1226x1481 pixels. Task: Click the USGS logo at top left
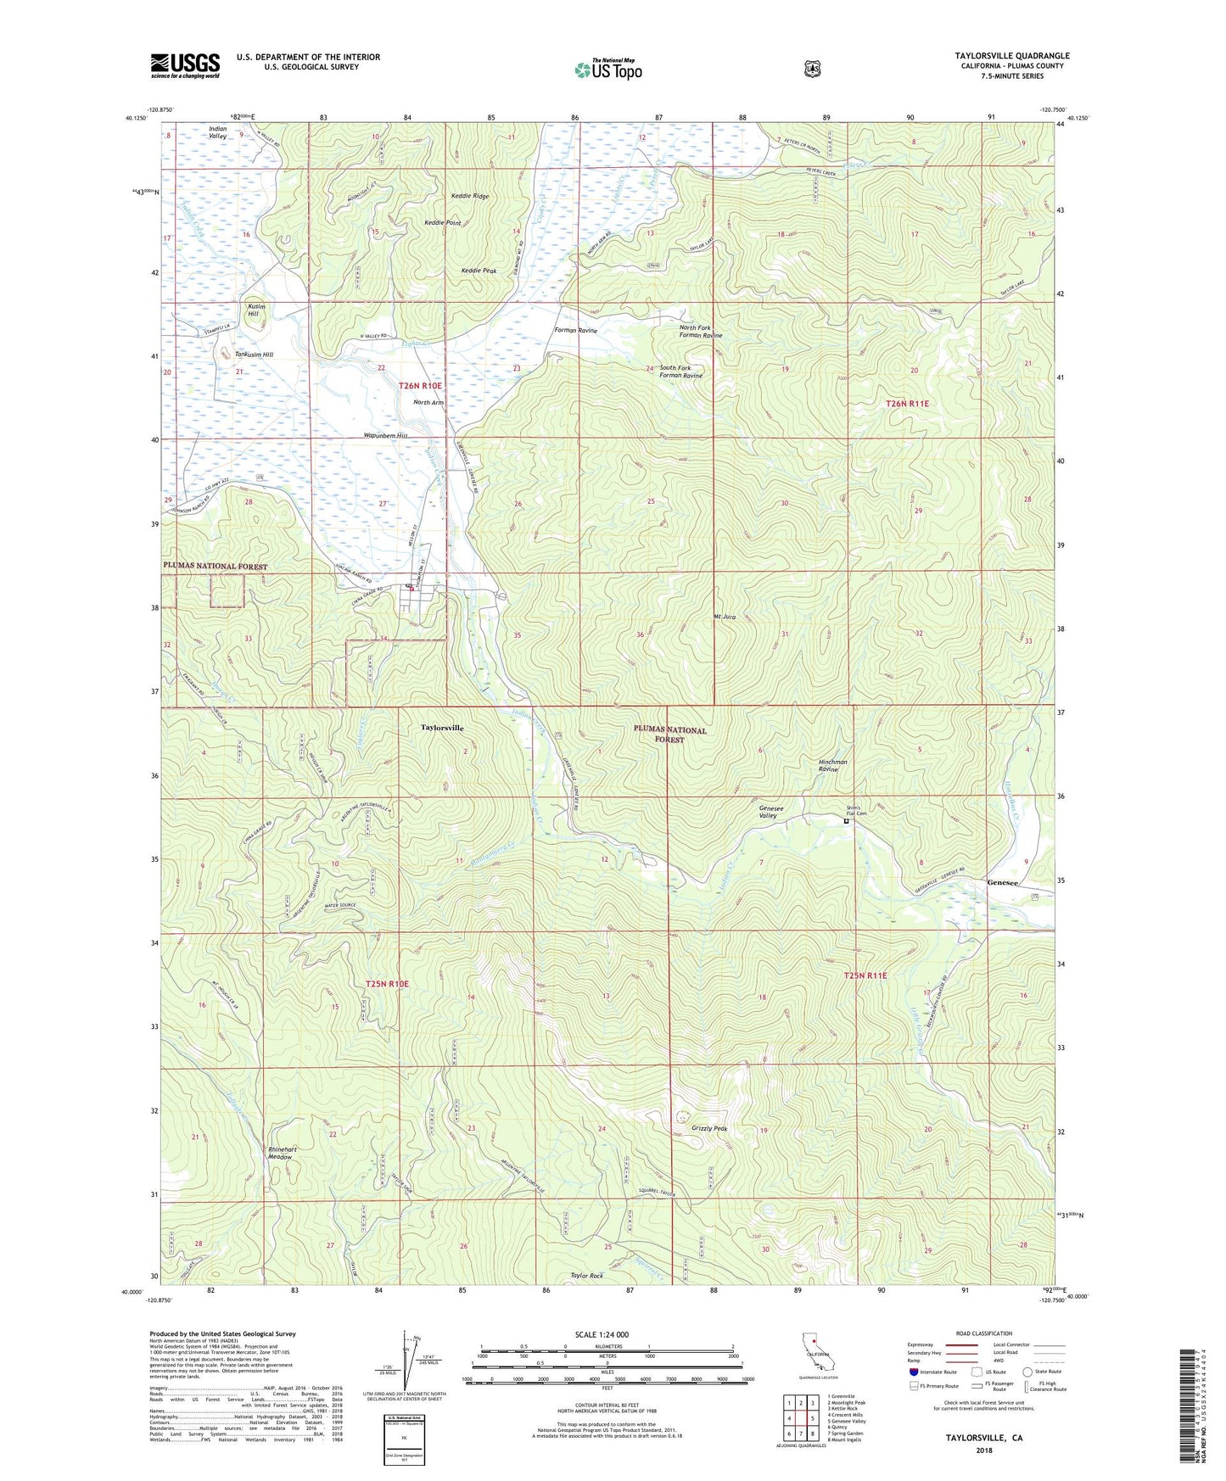185,65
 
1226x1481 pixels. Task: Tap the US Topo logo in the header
607,70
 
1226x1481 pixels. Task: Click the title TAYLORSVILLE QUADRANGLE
1011,56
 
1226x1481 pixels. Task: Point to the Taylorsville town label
443,728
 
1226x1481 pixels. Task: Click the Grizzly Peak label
709,1129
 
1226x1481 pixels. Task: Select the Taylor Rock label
586,1276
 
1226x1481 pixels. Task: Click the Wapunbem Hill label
386,436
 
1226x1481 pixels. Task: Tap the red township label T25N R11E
865,976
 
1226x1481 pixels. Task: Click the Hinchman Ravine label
832,765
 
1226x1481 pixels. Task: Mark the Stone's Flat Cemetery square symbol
846,821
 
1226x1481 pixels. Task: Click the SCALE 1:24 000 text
602,1334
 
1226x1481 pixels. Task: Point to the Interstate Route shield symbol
912,1372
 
